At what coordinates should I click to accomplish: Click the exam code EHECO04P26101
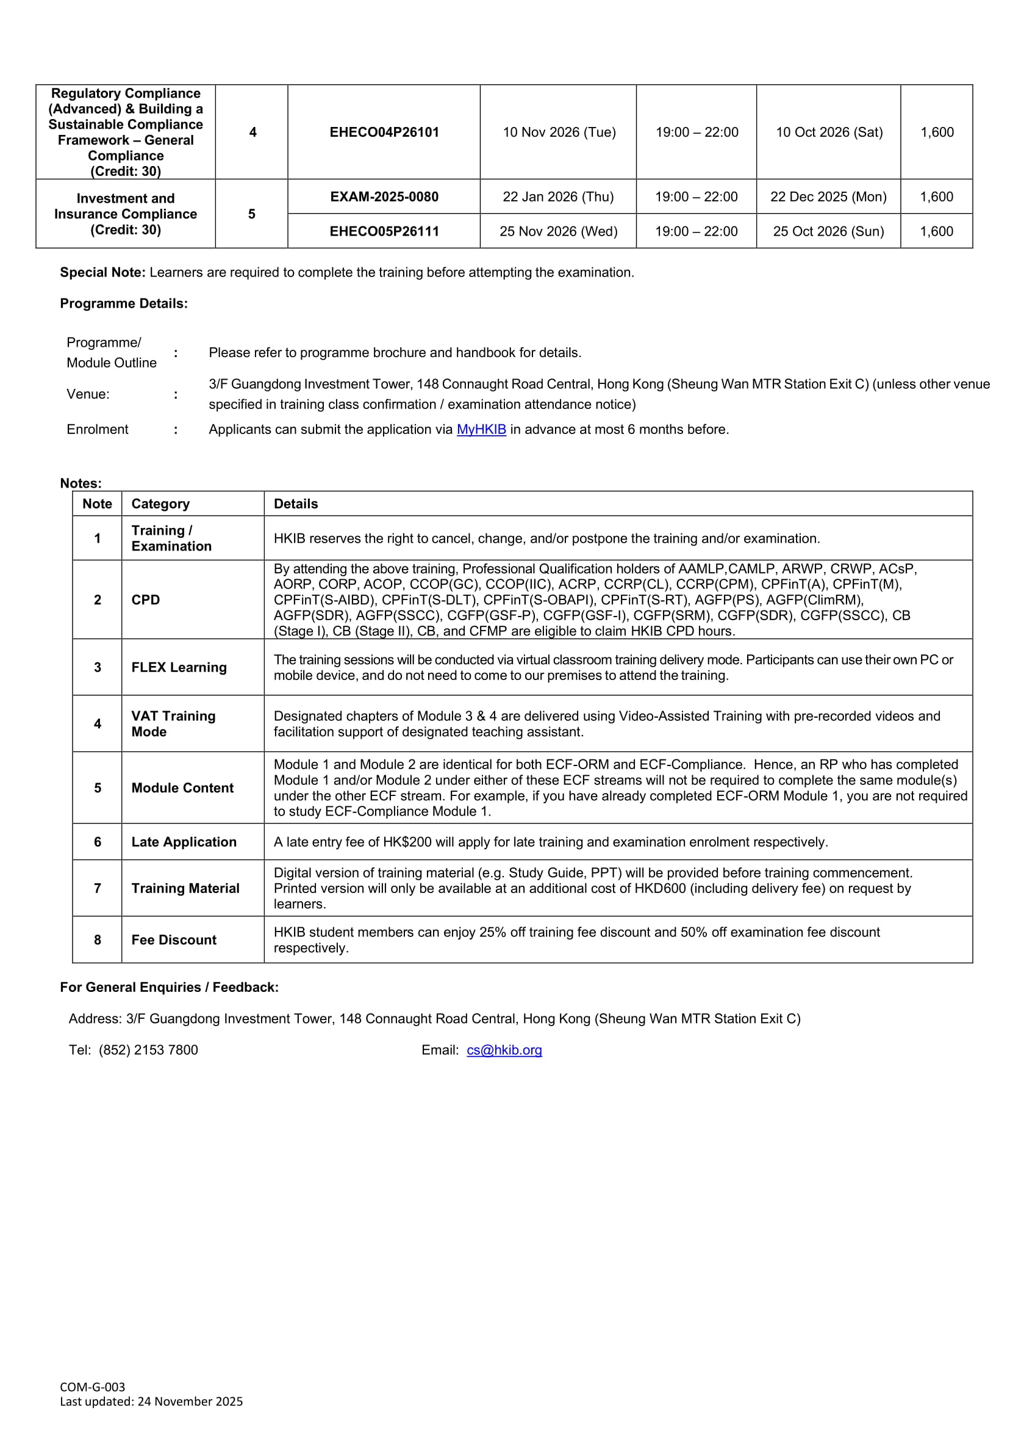[x=384, y=132]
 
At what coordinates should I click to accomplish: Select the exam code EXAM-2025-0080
[x=384, y=197]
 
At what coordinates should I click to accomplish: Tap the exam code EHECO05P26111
[x=384, y=231]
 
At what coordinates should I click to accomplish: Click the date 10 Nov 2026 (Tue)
[x=559, y=132]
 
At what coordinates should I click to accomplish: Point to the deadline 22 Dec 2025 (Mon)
[x=828, y=197]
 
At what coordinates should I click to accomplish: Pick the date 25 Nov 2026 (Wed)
[x=559, y=231]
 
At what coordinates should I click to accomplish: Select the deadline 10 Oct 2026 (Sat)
[x=829, y=132]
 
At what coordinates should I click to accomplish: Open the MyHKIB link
[x=481, y=430]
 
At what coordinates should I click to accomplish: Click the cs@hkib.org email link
[x=504, y=1050]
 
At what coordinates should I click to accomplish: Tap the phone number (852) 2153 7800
[x=148, y=1050]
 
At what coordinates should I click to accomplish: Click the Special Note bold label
[x=102, y=273]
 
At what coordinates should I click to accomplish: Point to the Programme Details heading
[x=124, y=304]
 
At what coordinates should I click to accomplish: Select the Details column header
[x=295, y=504]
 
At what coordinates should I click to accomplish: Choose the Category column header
[x=160, y=504]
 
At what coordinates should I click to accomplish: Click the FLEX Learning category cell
[x=179, y=667]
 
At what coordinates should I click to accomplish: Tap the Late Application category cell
[x=184, y=842]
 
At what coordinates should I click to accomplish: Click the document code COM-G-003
[x=93, y=1387]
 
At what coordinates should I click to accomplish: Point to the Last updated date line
[x=151, y=1401]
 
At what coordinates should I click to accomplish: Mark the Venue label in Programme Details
[x=88, y=394]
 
